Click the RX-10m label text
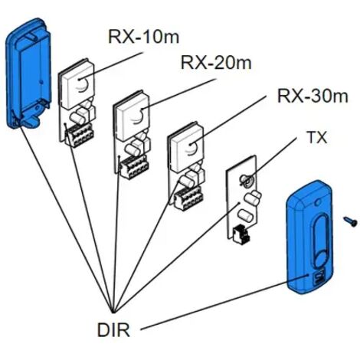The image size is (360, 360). pyautogui.click(x=144, y=38)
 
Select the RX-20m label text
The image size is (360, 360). pyautogui.click(x=216, y=63)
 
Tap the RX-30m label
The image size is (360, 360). pyautogui.click(x=313, y=96)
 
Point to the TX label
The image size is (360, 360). pyautogui.click(x=317, y=137)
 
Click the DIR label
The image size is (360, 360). pyautogui.click(x=113, y=329)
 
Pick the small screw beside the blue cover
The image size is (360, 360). pyautogui.click(x=350, y=221)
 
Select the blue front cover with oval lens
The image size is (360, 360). pyautogui.click(x=310, y=237)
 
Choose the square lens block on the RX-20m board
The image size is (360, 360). pyautogui.click(x=132, y=116)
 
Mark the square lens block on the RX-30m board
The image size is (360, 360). pyautogui.click(x=186, y=147)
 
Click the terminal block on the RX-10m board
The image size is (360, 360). pyautogui.click(x=80, y=135)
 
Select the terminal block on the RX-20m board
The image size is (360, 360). pyautogui.click(x=135, y=166)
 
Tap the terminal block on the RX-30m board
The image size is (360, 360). pyautogui.click(x=189, y=198)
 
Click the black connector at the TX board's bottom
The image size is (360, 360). pyautogui.click(x=241, y=233)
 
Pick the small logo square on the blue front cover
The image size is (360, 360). pyautogui.click(x=319, y=277)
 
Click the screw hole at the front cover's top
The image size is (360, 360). pyautogui.click(x=317, y=202)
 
